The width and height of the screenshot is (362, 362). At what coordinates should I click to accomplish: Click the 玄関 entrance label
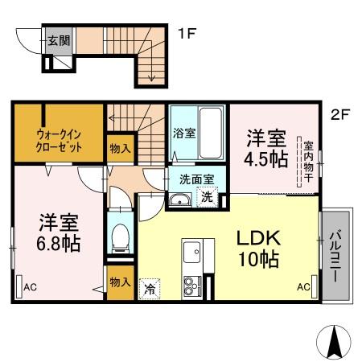57,39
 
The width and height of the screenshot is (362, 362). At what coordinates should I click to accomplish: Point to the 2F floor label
340,113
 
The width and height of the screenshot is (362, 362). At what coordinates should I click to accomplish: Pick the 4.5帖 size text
265,158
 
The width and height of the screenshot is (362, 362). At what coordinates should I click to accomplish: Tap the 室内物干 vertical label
307,162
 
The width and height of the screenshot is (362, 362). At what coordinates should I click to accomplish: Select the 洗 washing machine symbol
207,196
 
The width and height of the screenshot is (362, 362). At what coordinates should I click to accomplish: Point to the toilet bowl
120,236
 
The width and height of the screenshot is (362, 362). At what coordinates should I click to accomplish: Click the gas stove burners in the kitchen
194,286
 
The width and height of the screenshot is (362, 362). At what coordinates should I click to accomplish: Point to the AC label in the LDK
303,286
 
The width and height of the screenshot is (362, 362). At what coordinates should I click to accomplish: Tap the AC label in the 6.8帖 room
30,286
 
